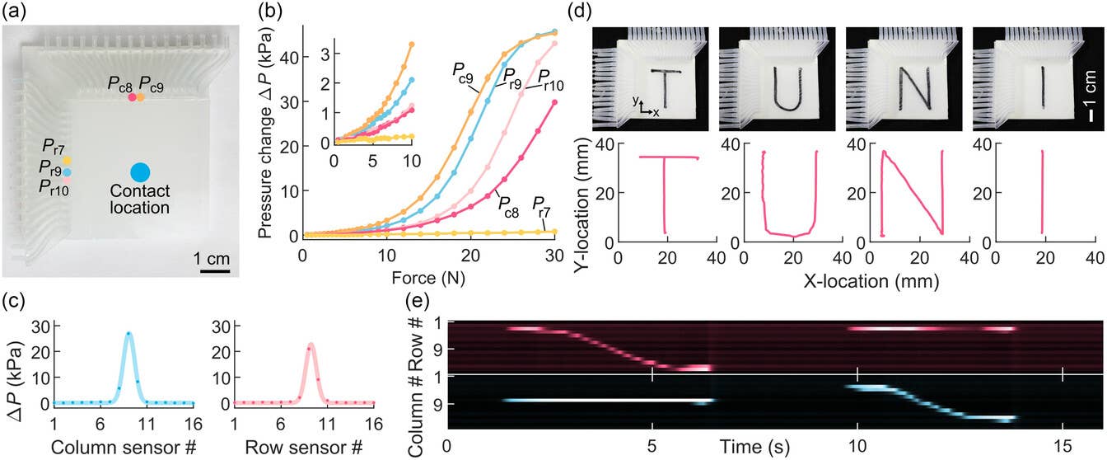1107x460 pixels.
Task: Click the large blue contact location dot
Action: (x=140, y=172)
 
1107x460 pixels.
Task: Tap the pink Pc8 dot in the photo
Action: (x=131, y=97)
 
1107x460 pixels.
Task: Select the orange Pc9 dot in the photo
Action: (x=141, y=97)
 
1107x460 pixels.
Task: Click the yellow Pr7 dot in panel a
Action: (x=68, y=160)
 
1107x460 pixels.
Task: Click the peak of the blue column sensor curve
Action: (x=128, y=333)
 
